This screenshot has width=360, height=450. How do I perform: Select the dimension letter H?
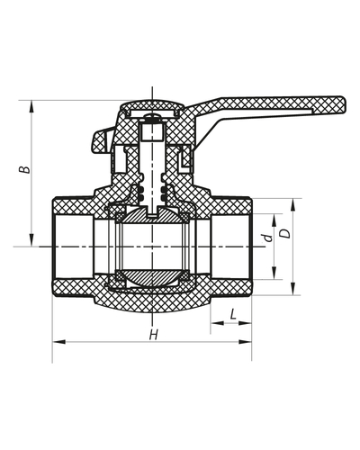153,335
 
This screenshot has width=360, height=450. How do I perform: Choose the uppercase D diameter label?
285,233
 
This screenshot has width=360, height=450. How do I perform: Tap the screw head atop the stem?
155,114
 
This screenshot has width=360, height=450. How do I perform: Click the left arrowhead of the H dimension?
58,342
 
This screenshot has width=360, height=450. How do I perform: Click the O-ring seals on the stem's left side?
139,193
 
